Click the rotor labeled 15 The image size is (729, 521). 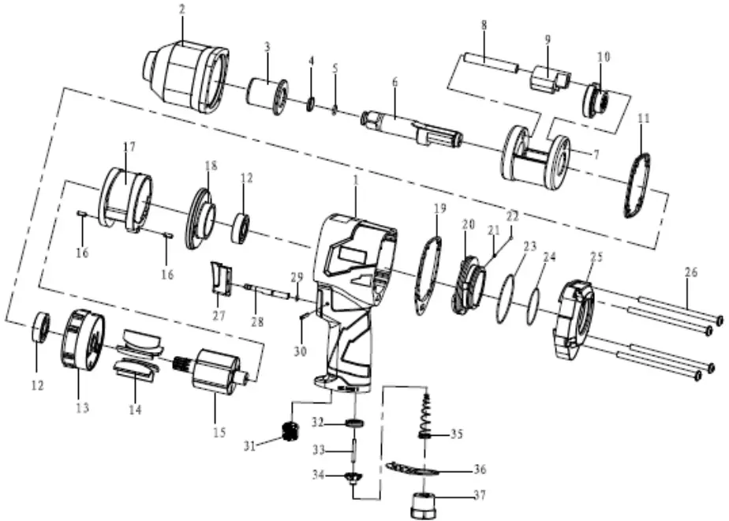[x=215, y=371]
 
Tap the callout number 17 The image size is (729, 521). [x=129, y=147]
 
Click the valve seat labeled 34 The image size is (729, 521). [x=352, y=479]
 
